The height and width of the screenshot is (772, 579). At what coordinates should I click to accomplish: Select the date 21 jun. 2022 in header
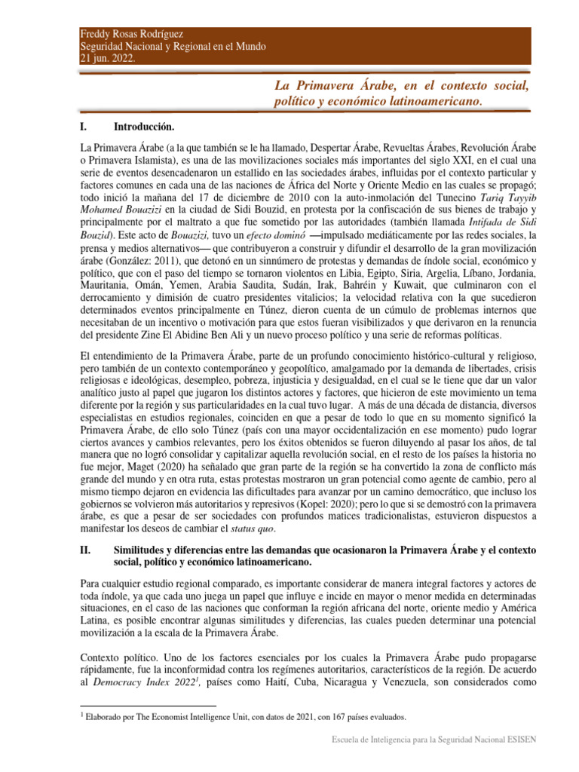(x=108, y=59)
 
